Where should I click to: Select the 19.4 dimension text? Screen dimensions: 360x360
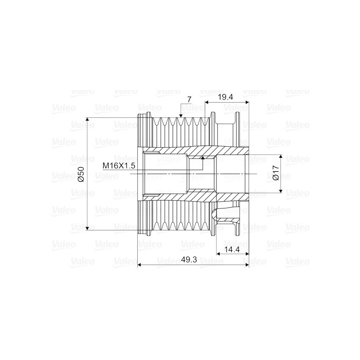pyautogui.click(x=225, y=97)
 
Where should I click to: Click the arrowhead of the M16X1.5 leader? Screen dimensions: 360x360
pyautogui.click(x=202, y=158)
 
